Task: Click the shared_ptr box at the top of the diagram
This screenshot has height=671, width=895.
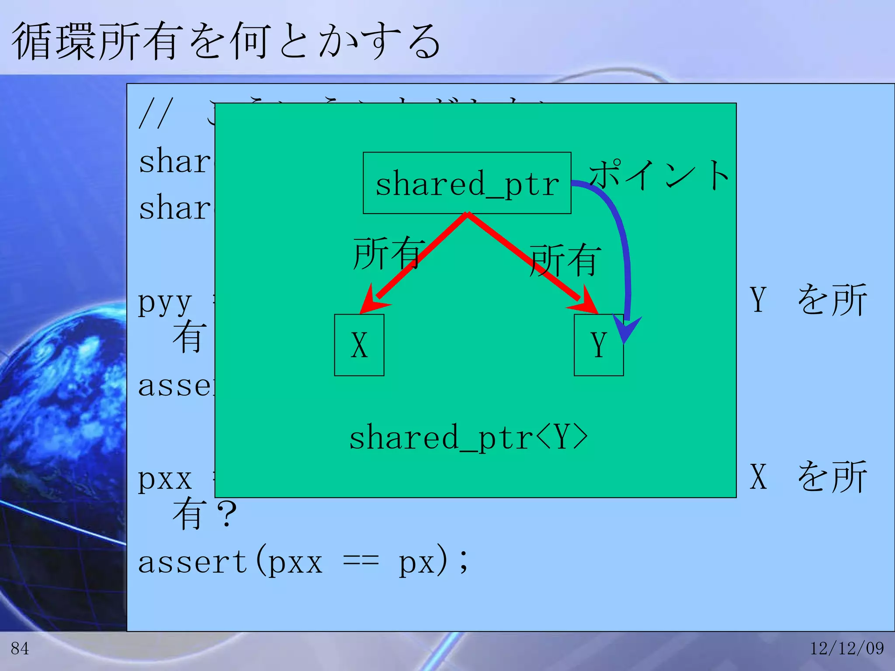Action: click(467, 183)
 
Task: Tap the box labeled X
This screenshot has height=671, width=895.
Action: click(359, 345)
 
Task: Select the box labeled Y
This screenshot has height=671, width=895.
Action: click(598, 345)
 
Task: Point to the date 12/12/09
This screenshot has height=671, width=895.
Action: click(847, 648)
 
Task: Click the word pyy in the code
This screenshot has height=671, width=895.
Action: click(165, 302)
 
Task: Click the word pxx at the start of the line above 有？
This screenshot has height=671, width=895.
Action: click(165, 479)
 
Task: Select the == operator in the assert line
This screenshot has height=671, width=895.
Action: click(361, 563)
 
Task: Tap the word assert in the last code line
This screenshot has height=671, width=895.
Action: click(193, 562)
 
